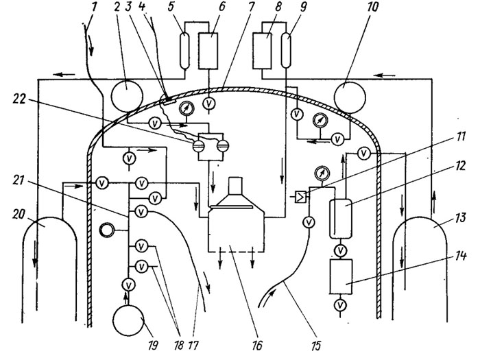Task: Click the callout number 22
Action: (x=19, y=99)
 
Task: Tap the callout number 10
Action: (x=372, y=7)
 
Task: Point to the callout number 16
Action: (x=257, y=346)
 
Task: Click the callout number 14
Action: (x=460, y=256)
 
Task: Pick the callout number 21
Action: (x=19, y=180)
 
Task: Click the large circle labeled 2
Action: (x=127, y=96)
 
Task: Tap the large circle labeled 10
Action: (x=349, y=97)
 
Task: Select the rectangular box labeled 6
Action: (x=208, y=51)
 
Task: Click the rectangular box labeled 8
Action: (x=262, y=51)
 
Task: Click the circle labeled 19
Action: (x=128, y=320)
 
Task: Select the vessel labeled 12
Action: (x=341, y=219)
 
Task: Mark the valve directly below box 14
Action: (x=340, y=305)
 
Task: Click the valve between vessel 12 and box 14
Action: (x=340, y=251)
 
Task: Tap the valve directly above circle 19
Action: (x=129, y=285)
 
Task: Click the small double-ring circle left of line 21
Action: (x=107, y=230)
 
